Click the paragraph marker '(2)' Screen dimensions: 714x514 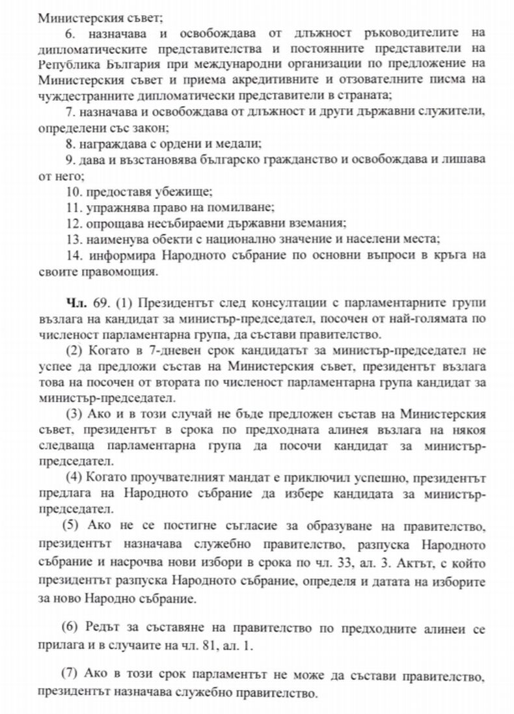(x=74, y=351)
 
